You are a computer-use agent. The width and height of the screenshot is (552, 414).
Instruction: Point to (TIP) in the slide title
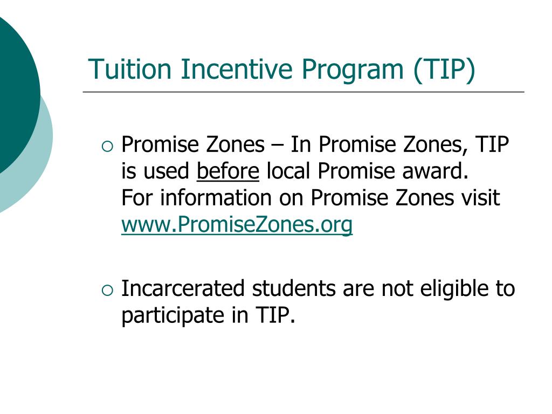[x=445, y=70]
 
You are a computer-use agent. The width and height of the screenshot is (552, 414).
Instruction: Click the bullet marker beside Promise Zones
[x=107, y=146]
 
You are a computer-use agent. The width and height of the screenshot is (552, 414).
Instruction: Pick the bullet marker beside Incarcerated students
[x=107, y=290]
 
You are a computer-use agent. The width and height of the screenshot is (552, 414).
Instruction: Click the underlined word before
[x=228, y=171]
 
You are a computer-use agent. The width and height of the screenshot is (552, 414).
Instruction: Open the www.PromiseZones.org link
[x=237, y=225]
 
